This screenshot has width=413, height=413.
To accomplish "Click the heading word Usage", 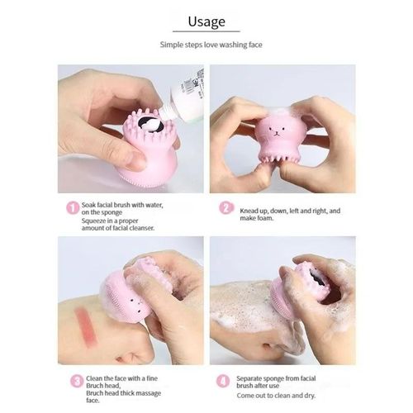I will (x=206, y=21).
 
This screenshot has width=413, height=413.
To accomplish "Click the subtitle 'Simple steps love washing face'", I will (x=206, y=46).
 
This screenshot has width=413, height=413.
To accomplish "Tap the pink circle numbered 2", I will (x=225, y=207).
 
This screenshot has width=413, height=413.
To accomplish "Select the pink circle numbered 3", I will (x=76, y=381).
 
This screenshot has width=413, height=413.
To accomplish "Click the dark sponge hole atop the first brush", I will (x=149, y=124).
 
